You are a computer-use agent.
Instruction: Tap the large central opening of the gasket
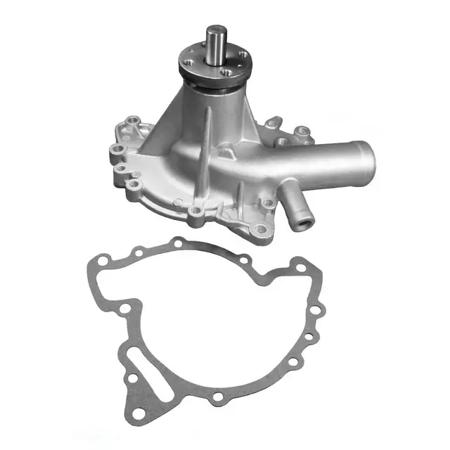tap(218, 316)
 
